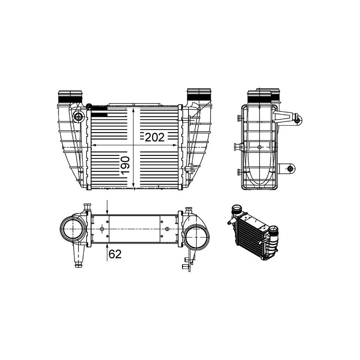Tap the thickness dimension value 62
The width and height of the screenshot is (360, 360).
pos(115,254)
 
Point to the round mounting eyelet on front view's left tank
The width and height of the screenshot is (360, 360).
pos(78,117)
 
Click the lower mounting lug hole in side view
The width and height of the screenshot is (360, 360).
pos(290,169)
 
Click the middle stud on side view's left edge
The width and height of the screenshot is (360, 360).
pos(237,147)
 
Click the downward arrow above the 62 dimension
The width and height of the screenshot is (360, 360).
pos(108,211)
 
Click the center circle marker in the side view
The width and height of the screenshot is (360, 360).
pos(260,147)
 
